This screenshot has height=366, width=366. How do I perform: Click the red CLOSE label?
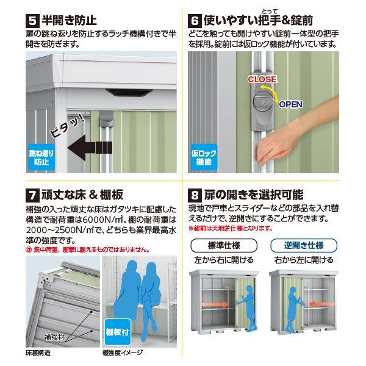tap(262, 79)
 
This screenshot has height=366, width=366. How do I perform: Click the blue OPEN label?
tap(290, 104)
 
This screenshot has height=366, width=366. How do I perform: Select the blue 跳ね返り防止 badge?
tap(40, 159)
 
